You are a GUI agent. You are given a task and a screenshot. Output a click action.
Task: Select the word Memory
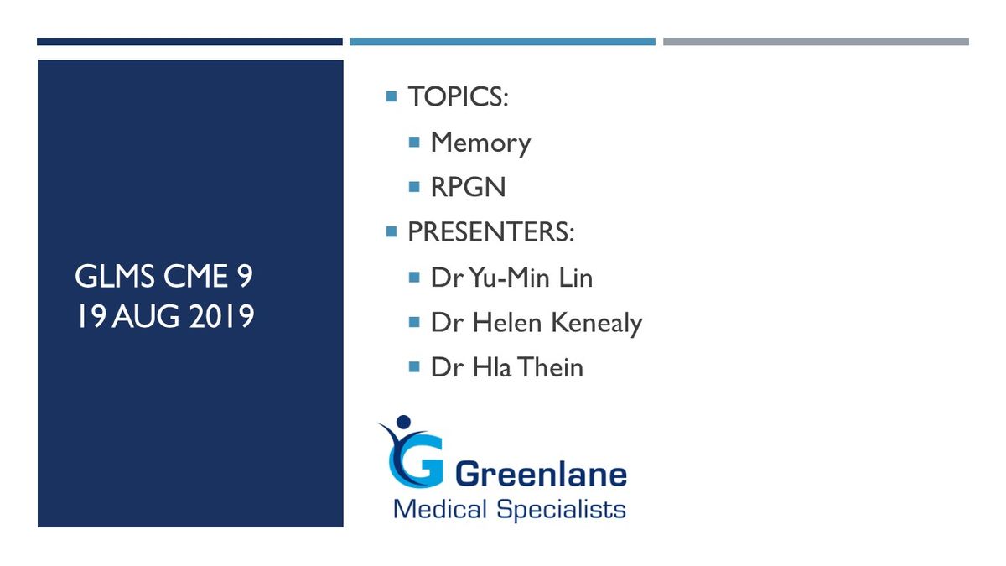(x=480, y=143)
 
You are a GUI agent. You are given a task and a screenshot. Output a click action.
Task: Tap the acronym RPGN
(x=468, y=187)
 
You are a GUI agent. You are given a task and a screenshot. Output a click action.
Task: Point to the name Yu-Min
(x=509, y=278)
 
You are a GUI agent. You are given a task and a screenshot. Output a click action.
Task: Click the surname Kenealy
(x=597, y=324)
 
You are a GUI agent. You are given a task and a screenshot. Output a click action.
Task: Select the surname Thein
(x=552, y=367)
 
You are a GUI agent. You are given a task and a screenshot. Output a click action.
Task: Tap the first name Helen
(x=507, y=322)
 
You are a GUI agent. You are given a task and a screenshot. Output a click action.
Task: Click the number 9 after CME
(x=245, y=276)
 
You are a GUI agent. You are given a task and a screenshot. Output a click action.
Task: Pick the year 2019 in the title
(x=221, y=316)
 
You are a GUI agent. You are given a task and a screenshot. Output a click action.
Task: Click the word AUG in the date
(x=146, y=316)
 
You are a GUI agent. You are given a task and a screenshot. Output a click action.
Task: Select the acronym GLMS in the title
(x=114, y=276)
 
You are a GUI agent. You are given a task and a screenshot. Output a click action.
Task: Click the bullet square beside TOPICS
(x=392, y=96)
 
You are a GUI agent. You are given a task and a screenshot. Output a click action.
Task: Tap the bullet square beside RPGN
(x=414, y=186)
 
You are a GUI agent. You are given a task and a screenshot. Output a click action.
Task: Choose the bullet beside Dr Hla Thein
(x=414, y=367)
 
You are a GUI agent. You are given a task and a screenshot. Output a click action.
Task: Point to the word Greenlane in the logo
(x=542, y=474)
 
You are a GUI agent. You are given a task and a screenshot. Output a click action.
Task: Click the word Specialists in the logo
(x=561, y=510)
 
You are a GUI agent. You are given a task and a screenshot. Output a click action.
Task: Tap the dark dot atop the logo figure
(x=404, y=422)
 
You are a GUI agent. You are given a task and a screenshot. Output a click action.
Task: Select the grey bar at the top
(x=816, y=42)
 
